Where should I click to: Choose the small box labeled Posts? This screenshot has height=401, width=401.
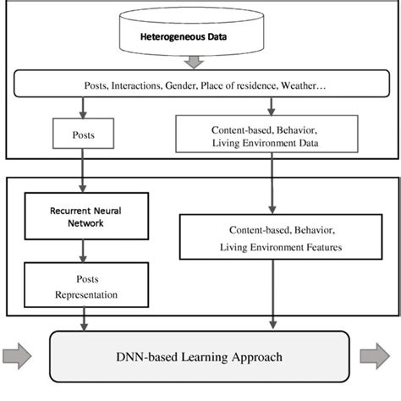(84, 133)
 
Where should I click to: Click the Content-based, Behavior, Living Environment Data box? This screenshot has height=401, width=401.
(272, 133)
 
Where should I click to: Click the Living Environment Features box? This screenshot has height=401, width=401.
(272, 238)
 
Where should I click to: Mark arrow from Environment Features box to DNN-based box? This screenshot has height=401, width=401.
(272, 296)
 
